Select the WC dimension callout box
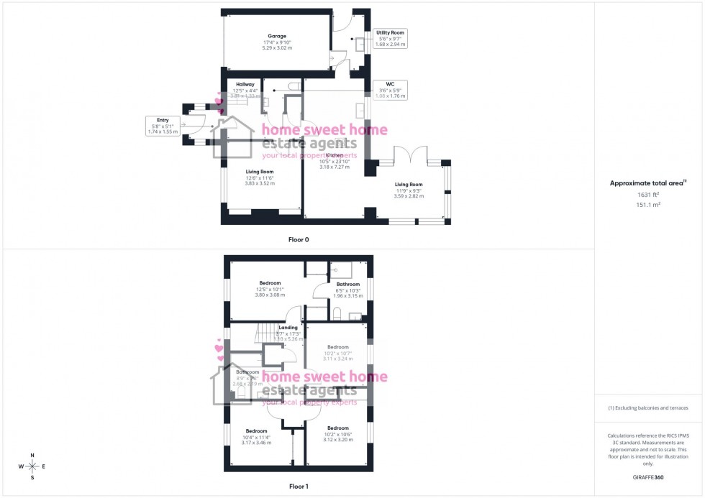(x=391, y=90)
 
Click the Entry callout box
(x=162, y=126)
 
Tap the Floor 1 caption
(x=299, y=487)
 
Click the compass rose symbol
(x=32, y=466)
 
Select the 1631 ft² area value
(x=648, y=195)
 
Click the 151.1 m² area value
(x=648, y=204)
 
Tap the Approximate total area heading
(x=647, y=183)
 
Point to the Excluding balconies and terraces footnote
(x=648, y=407)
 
